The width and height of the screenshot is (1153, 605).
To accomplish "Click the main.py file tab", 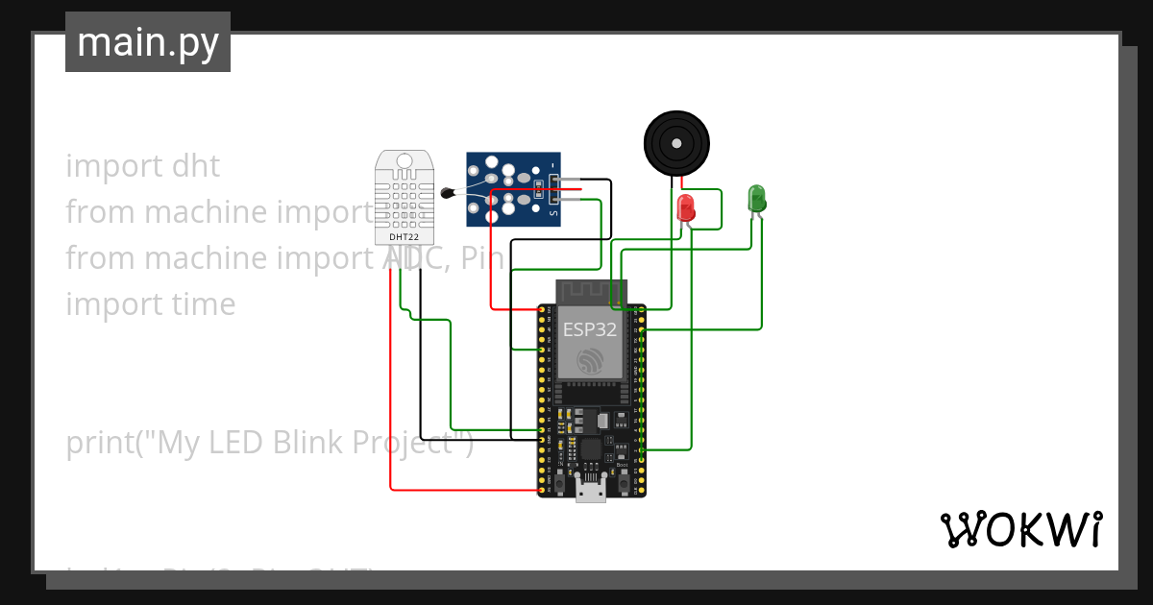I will (147, 42).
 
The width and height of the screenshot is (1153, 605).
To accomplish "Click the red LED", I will (686, 207).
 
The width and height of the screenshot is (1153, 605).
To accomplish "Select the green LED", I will (756, 198).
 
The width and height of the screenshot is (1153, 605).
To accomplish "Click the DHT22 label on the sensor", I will (404, 236).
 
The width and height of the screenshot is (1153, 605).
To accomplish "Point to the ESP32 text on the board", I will (590, 329).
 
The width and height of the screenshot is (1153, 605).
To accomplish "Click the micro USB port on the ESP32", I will (590, 491).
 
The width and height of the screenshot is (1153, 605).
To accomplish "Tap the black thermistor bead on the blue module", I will (447, 193).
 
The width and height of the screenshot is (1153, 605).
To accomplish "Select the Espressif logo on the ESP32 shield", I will (590, 360).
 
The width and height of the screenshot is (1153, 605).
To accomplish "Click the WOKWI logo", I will (1019, 530).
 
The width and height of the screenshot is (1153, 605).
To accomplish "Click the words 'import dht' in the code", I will (142, 166).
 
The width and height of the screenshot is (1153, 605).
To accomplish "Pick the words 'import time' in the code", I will (150, 304).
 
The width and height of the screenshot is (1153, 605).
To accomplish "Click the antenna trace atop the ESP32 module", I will (590, 291).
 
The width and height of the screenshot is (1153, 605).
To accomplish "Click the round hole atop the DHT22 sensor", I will (404, 161).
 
